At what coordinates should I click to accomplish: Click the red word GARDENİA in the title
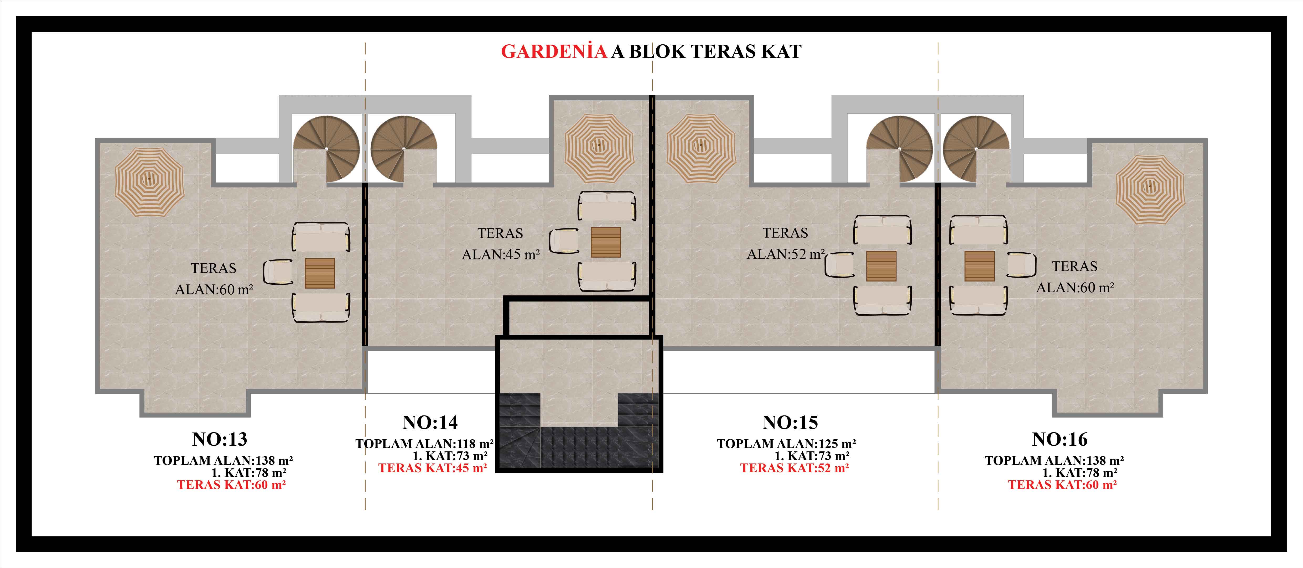click(554, 51)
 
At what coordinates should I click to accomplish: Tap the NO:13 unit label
click(220, 439)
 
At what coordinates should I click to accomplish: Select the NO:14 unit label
click(430, 422)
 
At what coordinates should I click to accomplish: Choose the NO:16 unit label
click(1060, 439)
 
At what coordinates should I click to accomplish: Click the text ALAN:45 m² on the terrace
click(501, 254)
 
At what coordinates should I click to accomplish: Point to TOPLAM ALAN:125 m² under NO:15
click(787, 444)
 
